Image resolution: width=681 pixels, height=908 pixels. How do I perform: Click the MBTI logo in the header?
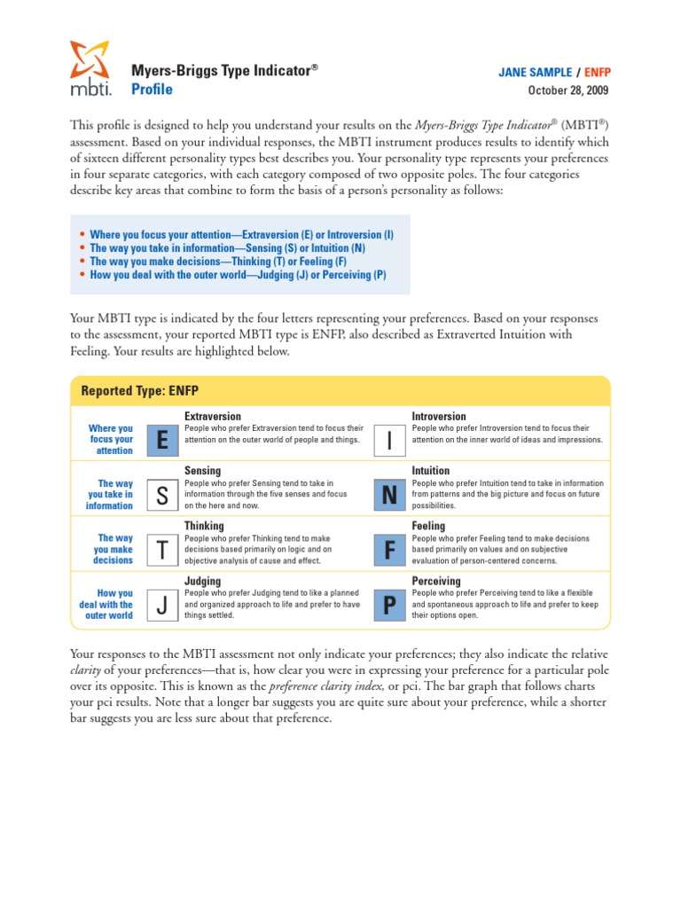coord(90,68)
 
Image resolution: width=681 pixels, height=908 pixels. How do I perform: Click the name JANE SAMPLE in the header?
coord(534,73)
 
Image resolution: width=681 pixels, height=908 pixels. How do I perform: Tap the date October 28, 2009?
coord(568,90)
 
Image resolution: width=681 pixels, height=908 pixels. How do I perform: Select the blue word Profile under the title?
coord(152,90)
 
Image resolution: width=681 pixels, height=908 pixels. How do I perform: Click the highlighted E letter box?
coord(161,440)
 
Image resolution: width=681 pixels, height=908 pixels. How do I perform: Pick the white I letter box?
coord(389,440)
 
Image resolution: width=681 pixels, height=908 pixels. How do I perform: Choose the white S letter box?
coord(161,496)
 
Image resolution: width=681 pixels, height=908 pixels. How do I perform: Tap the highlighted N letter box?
coord(389,496)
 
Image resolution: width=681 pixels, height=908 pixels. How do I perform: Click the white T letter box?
coord(161,551)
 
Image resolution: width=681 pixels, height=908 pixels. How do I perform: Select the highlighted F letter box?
coord(389,551)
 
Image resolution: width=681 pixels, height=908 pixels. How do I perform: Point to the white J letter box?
coord(161,606)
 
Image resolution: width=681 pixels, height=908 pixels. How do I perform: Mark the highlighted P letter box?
coord(389,606)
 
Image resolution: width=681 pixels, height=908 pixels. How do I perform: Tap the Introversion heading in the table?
coord(438,417)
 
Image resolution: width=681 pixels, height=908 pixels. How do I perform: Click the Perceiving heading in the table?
coord(436,582)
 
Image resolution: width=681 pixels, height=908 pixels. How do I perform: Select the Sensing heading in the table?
coord(202,471)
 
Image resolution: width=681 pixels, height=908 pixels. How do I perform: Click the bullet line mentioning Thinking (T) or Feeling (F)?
coord(217,262)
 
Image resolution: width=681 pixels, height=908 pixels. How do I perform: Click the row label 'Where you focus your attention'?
coord(111,440)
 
